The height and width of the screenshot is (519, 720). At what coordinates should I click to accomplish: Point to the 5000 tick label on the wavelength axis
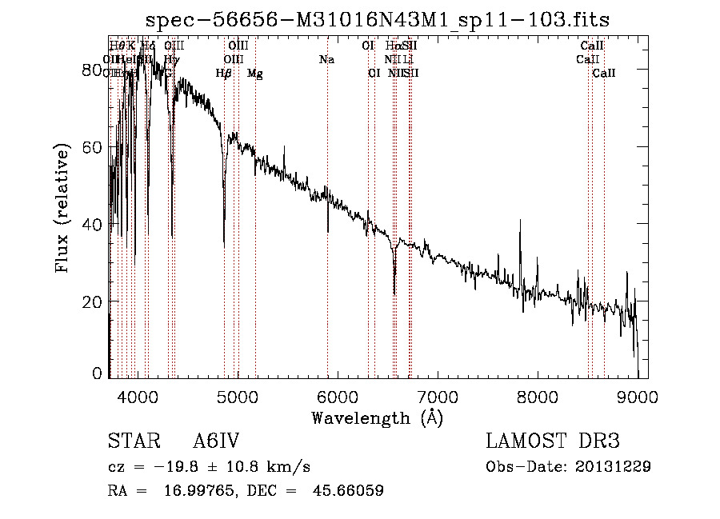pyautogui.click(x=237, y=396)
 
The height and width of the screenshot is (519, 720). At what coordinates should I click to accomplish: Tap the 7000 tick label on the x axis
pyautogui.click(x=437, y=396)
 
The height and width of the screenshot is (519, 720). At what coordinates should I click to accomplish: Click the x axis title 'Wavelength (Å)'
pyautogui.click(x=377, y=417)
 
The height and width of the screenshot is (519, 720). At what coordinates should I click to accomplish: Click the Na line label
pyautogui.click(x=326, y=60)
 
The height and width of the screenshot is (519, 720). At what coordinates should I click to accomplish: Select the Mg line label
pyautogui.click(x=254, y=74)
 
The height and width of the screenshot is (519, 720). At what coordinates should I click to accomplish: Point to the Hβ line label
pyautogui.click(x=224, y=74)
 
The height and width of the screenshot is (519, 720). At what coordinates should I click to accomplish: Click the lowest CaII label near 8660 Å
pyautogui.click(x=604, y=74)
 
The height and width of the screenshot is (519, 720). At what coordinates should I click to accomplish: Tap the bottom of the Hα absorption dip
pyautogui.click(x=394, y=293)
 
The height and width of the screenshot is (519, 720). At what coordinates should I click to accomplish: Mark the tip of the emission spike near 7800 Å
pyautogui.click(x=520, y=221)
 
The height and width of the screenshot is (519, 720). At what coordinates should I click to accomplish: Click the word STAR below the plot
pyautogui.click(x=129, y=442)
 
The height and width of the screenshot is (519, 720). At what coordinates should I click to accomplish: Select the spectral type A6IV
pyautogui.click(x=216, y=442)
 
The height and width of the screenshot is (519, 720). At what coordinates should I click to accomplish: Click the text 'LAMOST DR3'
pyautogui.click(x=553, y=442)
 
